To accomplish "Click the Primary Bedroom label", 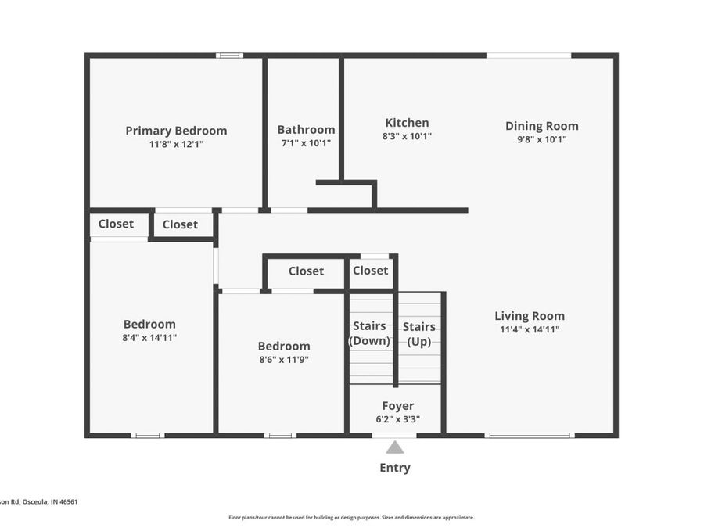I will pyautogui.click(x=176, y=131).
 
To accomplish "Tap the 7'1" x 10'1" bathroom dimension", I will pyautogui.click(x=306, y=144).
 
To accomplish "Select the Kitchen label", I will pyautogui.click(x=407, y=123).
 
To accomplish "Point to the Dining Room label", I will pyautogui.click(x=541, y=126).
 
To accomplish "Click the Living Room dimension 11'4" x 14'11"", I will pyautogui.click(x=530, y=329).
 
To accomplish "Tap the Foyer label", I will pyautogui.click(x=397, y=406).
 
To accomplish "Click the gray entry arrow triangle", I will pyautogui.click(x=395, y=447).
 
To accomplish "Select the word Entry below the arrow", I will pyautogui.click(x=395, y=468).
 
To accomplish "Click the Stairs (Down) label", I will pyautogui.click(x=369, y=333).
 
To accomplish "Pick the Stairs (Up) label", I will pyautogui.click(x=418, y=333).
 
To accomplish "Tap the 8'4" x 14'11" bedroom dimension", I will pyautogui.click(x=149, y=338).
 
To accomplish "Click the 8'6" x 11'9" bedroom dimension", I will pyautogui.click(x=284, y=360).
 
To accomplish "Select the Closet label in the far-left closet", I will pyautogui.click(x=116, y=224).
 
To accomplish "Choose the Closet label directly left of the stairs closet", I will pyautogui.click(x=306, y=271).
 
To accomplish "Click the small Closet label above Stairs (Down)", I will pyautogui.click(x=370, y=271).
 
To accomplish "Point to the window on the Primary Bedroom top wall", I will pyautogui.click(x=229, y=56).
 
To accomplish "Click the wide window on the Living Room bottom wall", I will pyautogui.click(x=530, y=435).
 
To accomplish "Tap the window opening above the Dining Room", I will pyautogui.click(x=529, y=56).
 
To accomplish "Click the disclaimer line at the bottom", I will pyautogui.click(x=351, y=517).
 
